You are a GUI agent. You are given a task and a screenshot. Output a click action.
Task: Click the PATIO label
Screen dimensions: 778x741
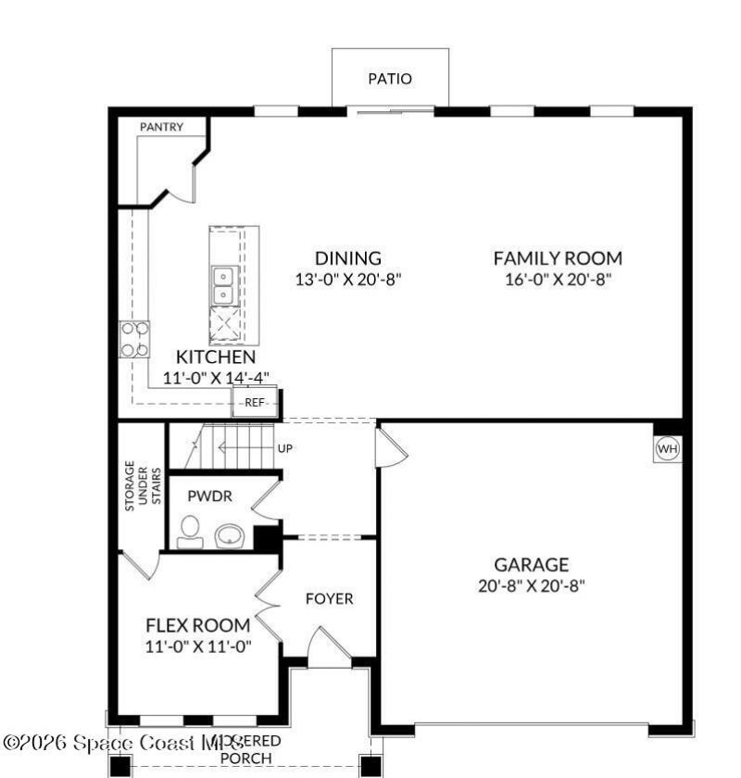point(390,79)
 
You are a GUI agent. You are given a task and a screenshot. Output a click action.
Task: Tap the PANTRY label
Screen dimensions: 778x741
point(161,127)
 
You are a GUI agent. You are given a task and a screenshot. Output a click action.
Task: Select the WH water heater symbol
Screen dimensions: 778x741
point(667,449)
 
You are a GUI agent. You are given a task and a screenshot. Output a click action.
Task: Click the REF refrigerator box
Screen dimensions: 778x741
point(255,403)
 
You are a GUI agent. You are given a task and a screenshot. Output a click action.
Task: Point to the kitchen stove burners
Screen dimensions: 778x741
point(134,339)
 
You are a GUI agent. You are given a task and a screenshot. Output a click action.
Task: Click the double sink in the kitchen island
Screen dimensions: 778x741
point(223,285)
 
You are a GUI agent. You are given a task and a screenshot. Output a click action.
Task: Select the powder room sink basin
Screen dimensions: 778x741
point(229,535)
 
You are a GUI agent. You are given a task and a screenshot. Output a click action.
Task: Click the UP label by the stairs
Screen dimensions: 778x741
point(285,448)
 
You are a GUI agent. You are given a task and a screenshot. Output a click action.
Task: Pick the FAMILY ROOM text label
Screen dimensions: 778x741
point(557,258)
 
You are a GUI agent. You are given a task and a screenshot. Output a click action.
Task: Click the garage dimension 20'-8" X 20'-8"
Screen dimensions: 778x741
point(531,585)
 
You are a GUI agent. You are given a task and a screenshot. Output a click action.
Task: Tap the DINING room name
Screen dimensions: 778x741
point(347,258)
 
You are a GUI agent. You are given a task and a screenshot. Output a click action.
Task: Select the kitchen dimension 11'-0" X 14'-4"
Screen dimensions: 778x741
point(216,378)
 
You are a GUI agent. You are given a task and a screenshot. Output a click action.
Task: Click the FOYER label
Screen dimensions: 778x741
point(329,599)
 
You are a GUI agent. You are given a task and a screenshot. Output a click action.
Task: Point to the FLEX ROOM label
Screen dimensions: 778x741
point(197,625)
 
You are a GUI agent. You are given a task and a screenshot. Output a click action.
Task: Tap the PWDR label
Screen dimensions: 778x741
point(208,496)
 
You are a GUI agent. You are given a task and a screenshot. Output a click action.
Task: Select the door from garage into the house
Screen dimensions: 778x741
point(390,451)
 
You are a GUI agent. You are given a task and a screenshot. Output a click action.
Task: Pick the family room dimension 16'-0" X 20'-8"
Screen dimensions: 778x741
point(558,279)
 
